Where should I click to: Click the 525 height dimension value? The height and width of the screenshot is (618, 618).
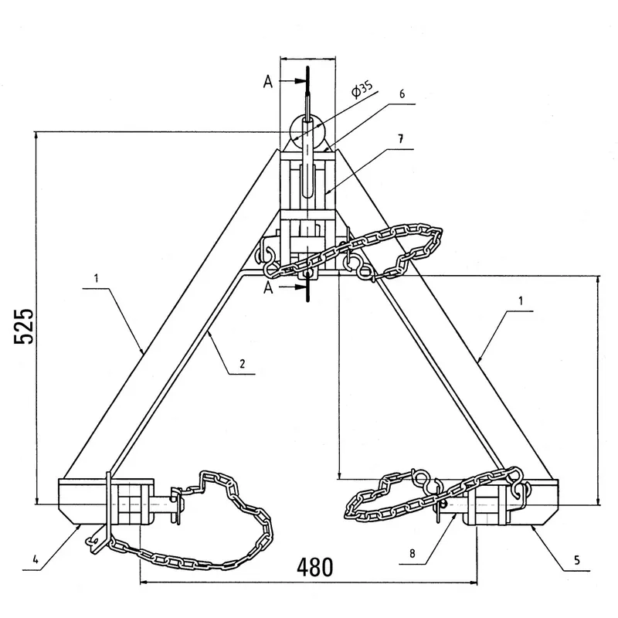(x=24, y=326)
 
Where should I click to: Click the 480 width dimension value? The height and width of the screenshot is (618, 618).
(x=315, y=568)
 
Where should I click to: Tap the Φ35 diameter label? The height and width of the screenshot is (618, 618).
(x=362, y=90)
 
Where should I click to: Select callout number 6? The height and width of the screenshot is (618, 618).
(x=402, y=93)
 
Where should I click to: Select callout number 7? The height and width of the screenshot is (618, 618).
(x=401, y=139)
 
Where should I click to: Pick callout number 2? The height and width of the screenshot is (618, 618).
(x=242, y=363)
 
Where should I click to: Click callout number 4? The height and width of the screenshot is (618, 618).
(x=36, y=559)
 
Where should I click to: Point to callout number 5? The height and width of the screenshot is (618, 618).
(x=576, y=560)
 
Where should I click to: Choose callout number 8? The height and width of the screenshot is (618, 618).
(x=413, y=554)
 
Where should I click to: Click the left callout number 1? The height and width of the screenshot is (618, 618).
(x=96, y=279)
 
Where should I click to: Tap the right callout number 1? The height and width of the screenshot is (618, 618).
(x=521, y=301)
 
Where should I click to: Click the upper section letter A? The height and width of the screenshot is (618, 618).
(x=268, y=82)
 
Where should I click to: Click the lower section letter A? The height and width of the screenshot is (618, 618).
(x=268, y=288)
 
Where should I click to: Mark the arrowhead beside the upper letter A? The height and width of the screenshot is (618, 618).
(x=300, y=81)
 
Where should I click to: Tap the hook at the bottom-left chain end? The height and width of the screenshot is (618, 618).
(x=92, y=542)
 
